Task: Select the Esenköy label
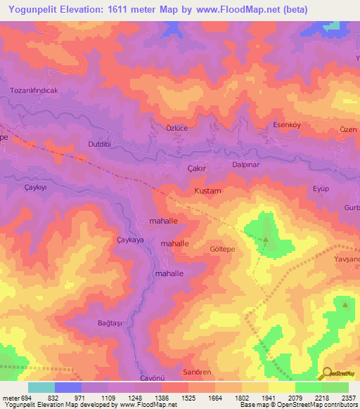point(287,125)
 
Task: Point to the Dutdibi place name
point(81,144)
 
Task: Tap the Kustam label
point(207,191)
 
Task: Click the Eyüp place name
point(321,189)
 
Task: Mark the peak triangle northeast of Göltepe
point(266,240)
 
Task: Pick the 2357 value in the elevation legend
point(349,398)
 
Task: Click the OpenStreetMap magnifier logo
point(326,373)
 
